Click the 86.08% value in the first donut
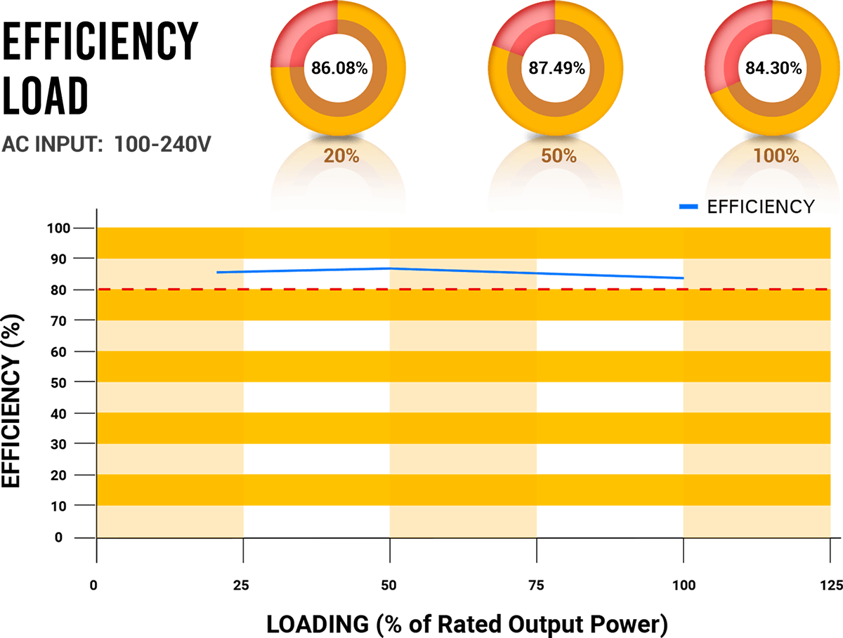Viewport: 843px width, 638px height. [x=339, y=68]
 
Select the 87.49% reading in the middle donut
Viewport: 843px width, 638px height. [x=556, y=68]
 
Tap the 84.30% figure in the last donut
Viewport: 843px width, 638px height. [x=773, y=68]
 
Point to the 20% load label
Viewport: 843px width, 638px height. [x=341, y=156]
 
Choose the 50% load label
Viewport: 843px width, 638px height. [x=558, y=156]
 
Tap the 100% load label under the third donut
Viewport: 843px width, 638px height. [x=776, y=156]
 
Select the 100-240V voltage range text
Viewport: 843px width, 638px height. [x=162, y=144]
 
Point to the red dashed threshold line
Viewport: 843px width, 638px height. [x=457, y=289]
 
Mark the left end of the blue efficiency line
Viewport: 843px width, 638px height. [x=218, y=272]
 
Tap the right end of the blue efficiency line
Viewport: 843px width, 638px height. [x=683, y=278]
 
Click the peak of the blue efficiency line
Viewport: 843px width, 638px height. [x=388, y=268]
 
